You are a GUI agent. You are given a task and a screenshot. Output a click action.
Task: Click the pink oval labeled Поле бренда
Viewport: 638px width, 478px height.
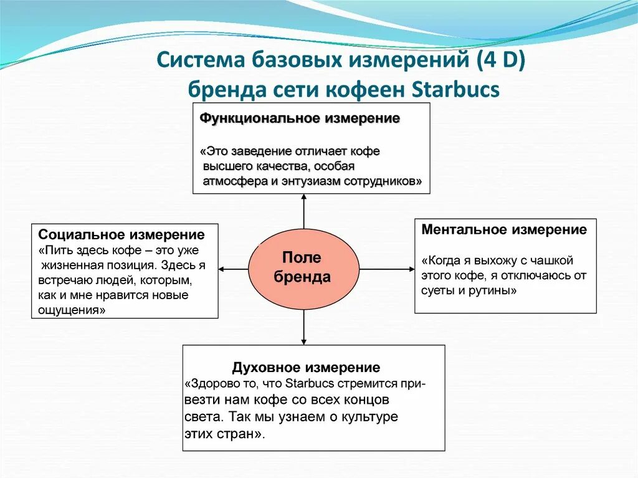click(x=303, y=267)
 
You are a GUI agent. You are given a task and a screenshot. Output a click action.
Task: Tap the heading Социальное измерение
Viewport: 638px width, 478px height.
click(x=121, y=235)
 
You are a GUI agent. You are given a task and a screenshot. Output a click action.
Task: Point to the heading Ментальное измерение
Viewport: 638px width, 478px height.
click(x=504, y=229)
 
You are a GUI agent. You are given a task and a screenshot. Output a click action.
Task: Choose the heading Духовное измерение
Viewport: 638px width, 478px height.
click(x=306, y=367)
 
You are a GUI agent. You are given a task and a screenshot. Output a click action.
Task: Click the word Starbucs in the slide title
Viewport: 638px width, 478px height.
click(x=456, y=89)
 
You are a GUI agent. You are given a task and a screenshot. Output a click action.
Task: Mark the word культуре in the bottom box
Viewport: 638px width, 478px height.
click(x=368, y=416)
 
